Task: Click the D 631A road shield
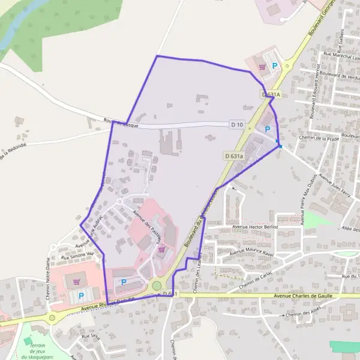[x=271, y=95]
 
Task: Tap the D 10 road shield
[x=237, y=125]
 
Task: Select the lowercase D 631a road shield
[x=235, y=156]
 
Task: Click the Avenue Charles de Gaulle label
[x=302, y=296]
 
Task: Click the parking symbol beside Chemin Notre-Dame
[x=80, y=296]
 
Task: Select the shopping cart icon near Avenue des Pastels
[x=161, y=249]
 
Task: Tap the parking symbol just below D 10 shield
[x=268, y=128]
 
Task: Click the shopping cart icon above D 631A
[x=262, y=67]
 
